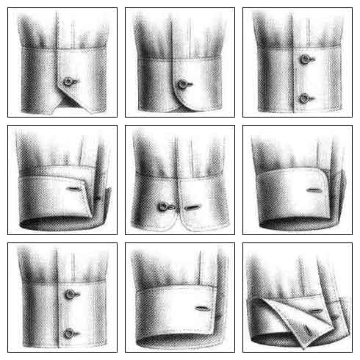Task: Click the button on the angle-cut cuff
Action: click(x=68, y=81)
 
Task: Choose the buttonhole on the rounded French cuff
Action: click(x=314, y=191)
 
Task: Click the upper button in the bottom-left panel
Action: click(x=70, y=294)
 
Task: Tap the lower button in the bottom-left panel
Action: click(x=70, y=333)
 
